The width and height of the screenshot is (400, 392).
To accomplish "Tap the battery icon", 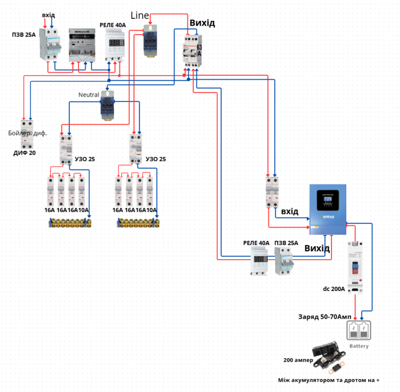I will (x=359, y=331).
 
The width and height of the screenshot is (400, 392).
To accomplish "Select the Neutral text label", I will (x=88, y=95).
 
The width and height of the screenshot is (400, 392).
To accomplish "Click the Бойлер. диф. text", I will (x=27, y=133).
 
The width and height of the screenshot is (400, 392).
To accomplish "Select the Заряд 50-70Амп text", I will (x=325, y=317).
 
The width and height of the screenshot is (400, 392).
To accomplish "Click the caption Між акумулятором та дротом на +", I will (x=329, y=381).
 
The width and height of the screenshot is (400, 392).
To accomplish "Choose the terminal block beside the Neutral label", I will (x=108, y=105).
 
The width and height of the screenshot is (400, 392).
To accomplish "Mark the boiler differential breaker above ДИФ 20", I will (x=27, y=132).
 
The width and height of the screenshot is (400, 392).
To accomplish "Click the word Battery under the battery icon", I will (x=359, y=346).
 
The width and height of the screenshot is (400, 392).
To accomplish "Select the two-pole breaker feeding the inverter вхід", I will (x=271, y=191).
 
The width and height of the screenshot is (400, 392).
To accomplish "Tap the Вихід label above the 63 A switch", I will (x=202, y=23).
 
